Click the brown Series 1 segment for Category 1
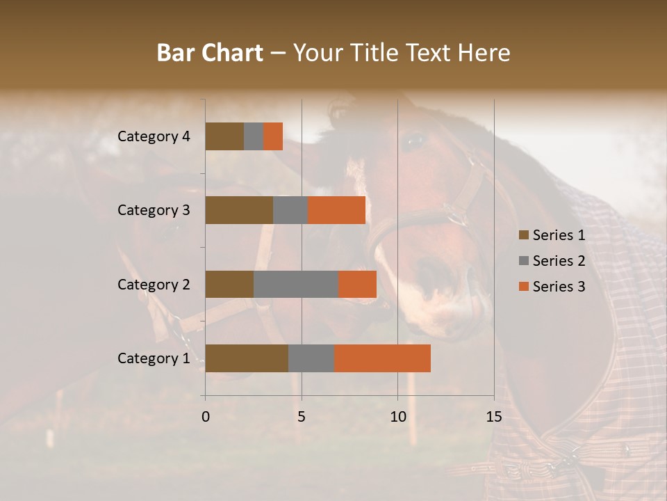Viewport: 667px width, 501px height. coord(247,358)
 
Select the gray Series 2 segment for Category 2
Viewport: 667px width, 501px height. coord(296,284)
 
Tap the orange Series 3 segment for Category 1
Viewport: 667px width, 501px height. coord(382,358)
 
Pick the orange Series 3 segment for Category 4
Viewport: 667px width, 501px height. coord(273,136)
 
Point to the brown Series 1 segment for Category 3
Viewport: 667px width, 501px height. coord(239,210)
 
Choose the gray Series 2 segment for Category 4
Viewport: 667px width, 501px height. coord(254,136)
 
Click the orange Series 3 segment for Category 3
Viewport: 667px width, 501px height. coord(336,210)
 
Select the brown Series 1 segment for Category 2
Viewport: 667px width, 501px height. coord(229,284)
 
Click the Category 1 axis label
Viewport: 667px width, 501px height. coord(154,358)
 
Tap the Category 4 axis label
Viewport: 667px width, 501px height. coord(154,136)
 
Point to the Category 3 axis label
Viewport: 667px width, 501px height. coord(154,210)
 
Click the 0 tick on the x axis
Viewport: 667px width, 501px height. coord(206,417)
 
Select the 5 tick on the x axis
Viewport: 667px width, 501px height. coord(302,417)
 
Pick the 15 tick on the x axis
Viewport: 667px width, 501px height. coord(494,417)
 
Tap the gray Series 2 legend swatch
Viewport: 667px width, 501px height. coord(523,261)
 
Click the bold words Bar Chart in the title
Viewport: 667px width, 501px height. coord(210,52)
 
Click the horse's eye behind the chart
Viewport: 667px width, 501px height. coord(414,141)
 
